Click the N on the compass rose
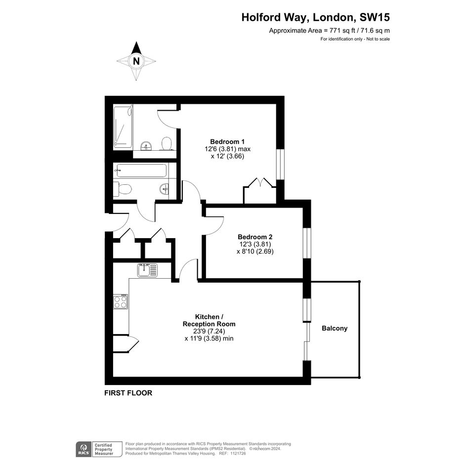(x=136, y=61)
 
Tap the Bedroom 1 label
(x=227, y=141)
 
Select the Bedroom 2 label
(x=255, y=237)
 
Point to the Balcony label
(x=335, y=328)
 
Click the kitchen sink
(x=147, y=270)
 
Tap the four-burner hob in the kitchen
(x=121, y=301)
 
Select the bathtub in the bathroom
(x=141, y=170)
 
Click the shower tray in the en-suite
(x=123, y=127)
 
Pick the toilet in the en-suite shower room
(x=166, y=143)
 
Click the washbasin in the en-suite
(x=146, y=146)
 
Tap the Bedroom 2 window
(x=307, y=243)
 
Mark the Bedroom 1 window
(x=281, y=164)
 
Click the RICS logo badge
(x=84, y=449)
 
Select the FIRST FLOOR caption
(x=128, y=393)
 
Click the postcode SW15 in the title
(x=375, y=17)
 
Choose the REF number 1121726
(x=238, y=453)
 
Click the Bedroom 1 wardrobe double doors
(x=260, y=182)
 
